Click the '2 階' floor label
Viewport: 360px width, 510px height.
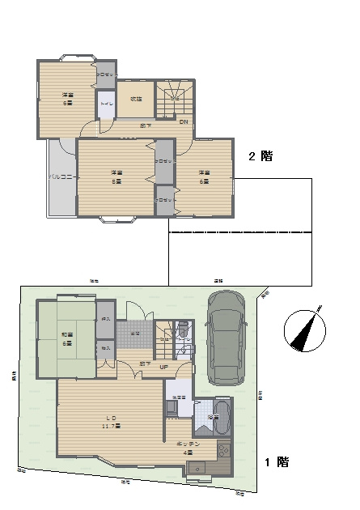coord(260,157)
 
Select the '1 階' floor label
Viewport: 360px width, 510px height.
coord(277,462)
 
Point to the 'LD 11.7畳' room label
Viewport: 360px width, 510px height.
coord(111,422)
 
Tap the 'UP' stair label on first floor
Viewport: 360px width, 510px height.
coord(163,367)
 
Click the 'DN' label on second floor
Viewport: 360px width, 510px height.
coord(184,122)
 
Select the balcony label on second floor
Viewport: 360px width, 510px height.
coord(61,176)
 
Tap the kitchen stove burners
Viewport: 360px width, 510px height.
coord(224,453)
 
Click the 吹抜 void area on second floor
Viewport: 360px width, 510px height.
coord(136,100)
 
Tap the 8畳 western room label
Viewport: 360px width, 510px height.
coord(116,176)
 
